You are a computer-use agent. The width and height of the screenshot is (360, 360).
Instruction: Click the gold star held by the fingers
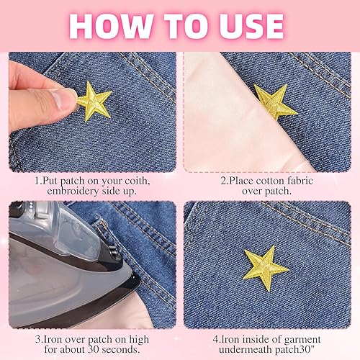click(94, 102)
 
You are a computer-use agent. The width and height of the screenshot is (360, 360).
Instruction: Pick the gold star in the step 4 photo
click(265, 266)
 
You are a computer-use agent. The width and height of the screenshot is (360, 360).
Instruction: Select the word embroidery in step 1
click(73, 192)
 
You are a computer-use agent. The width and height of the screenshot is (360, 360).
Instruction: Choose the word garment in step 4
click(302, 340)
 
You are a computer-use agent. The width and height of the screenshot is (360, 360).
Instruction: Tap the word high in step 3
click(139, 340)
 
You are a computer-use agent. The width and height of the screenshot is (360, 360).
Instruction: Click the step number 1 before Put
click(37, 181)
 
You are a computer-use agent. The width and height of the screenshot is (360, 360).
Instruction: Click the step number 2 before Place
click(224, 181)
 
